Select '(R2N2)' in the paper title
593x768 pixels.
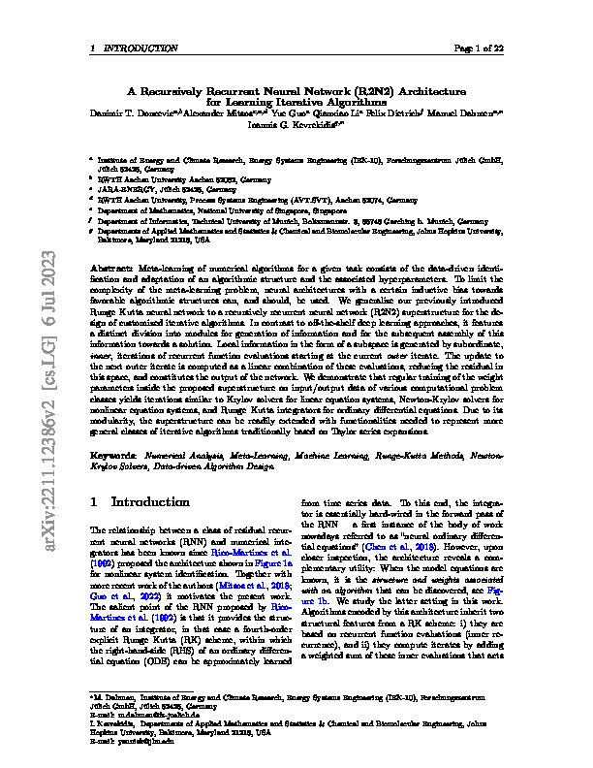click(373, 87)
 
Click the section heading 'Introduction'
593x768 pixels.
click(154, 503)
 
